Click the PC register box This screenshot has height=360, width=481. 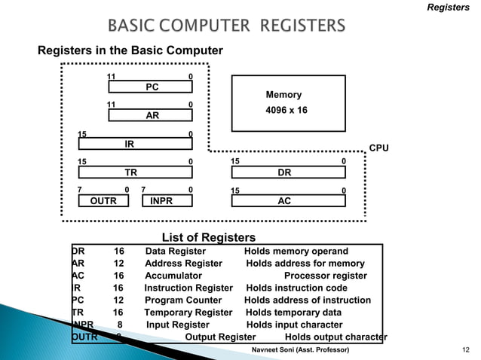pyautogui.click(x=152, y=87)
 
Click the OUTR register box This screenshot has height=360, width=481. pyautogui.click(x=103, y=201)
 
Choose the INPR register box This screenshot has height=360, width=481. pyautogui.click(x=161, y=201)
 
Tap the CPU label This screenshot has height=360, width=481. pyautogui.click(x=378, y=148)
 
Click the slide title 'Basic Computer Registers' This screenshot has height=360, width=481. pyautogui.click(x=227, y=27)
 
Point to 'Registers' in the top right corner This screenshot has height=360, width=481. pyautogui.click(x=448, y=8)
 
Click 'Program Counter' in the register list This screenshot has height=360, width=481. pyautogui.click(x=183, y=300)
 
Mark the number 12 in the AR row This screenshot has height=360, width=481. pyautogui.click(x=118, y=264)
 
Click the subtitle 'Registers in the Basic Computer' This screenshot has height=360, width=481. pyautogui.click(x=130, y=51)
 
